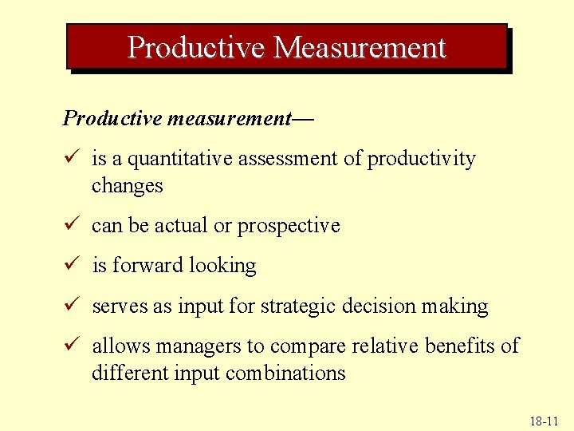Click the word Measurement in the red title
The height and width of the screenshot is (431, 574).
click(x=360, y=48)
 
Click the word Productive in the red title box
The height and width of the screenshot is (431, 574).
click(x=196, y=48)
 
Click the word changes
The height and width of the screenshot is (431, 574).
click(x=128, y=186)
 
